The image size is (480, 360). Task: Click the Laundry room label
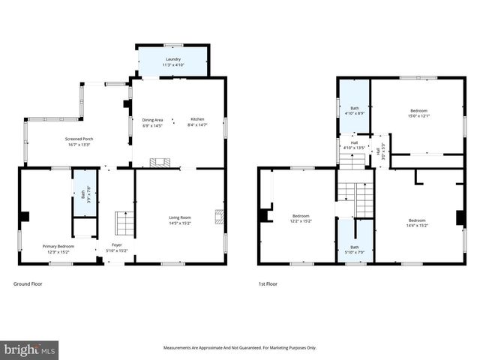(173, 61)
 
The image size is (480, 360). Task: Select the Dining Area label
(152, 121)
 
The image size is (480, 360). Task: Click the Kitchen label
(196, 121)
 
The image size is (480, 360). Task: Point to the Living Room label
(180, 220)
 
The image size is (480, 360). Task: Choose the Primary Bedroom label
(58, 248)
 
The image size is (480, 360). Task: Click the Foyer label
(117, 247)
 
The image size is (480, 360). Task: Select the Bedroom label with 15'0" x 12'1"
(418, 113)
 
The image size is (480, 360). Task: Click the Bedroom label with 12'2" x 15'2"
(301, 218)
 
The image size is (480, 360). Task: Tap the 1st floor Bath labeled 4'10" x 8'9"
(354, 110)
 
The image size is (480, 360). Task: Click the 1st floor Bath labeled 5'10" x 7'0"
(354, 249)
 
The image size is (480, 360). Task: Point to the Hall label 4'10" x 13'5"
(353, 145)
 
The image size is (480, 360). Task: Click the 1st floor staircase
(355, 199)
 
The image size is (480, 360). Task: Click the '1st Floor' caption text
(267, 284)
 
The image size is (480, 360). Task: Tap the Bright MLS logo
(30, 349)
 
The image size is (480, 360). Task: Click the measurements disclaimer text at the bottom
(240, 347)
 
